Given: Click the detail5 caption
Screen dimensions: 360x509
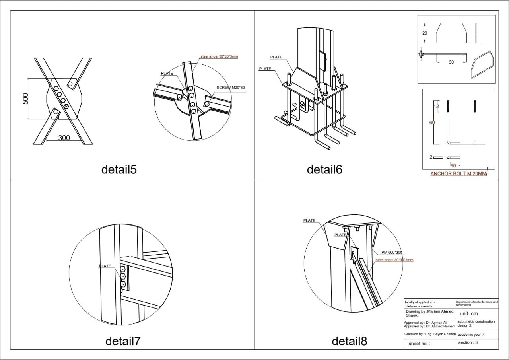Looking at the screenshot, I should [x=119, y=169].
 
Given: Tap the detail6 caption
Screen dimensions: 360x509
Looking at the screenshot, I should [x=324, y=169].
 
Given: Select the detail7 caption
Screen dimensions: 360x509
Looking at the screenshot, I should [x=123, y=341].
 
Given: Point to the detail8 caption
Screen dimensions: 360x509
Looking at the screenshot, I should [x=349, y=341].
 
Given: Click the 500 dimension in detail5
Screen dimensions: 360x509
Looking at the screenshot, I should [x=25, y=99].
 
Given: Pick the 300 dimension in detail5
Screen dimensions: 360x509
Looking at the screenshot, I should [x=64, y=138].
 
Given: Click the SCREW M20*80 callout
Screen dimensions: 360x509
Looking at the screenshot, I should [x=231, y=87].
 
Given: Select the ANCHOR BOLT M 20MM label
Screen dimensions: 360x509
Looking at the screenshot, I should [x=458, y=174].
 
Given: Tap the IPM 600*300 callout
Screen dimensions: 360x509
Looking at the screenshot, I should [x=391, y=252].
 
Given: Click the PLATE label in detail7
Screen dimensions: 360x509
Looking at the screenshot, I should [x=105, y=266].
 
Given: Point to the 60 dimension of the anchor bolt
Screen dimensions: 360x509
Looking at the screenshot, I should [x=432, y=123].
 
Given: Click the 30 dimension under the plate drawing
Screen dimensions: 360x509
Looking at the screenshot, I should [x=451, y=62].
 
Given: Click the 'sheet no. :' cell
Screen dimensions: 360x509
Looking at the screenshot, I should [x=420, y=343].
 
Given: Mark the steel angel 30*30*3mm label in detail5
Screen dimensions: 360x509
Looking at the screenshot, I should [x=219, y=56].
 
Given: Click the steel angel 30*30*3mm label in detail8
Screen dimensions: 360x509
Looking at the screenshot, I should [x=394, y=260].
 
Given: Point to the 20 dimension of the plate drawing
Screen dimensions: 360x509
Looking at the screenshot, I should [x=424, y=33].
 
